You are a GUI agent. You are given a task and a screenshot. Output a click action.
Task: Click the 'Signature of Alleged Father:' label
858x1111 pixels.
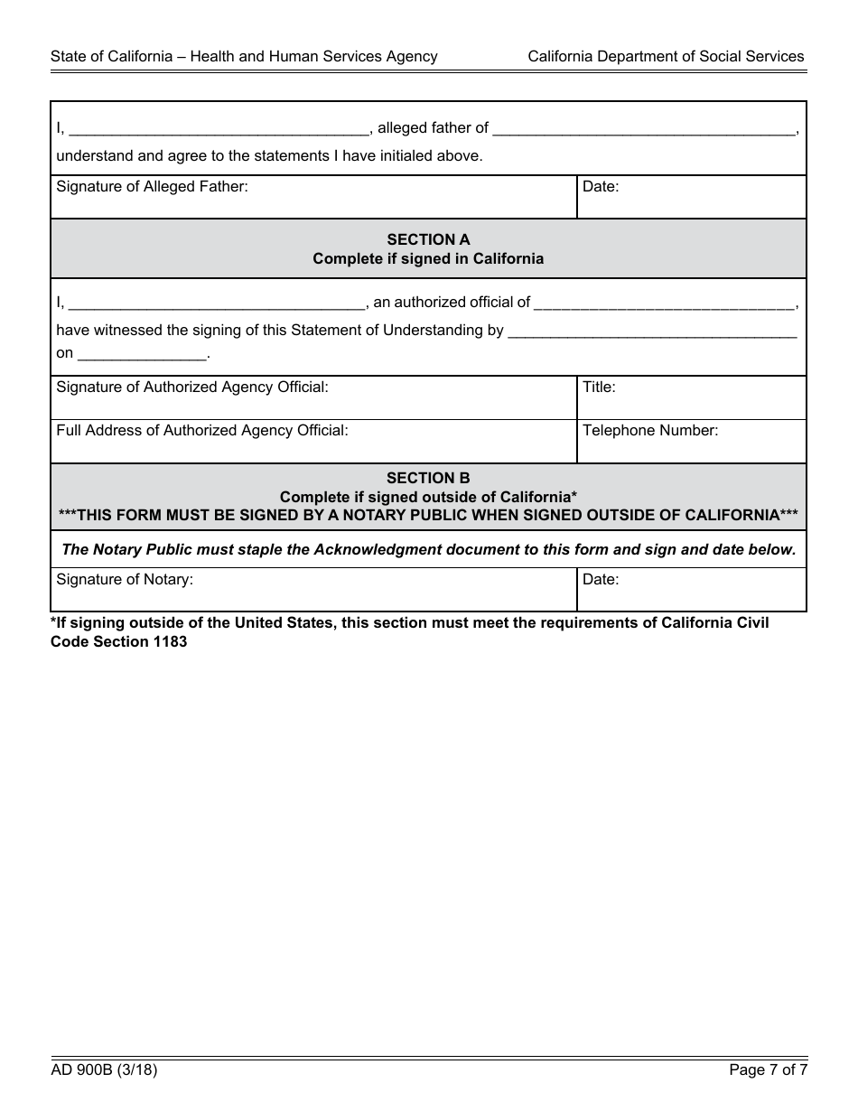point(152,187)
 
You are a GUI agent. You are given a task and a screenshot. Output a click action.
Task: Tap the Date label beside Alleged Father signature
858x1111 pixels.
point(601,187)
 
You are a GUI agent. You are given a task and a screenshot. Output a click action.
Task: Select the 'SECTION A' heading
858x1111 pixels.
point(428,239)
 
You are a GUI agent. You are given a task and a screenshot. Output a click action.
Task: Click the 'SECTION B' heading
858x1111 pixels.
point(428,478)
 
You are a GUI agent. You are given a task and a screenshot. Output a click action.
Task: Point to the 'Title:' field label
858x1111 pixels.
point(599,387)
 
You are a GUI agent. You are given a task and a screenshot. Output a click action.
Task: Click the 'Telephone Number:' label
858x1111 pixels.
point(650,430)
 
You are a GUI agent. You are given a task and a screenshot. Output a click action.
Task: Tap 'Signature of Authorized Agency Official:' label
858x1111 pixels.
point(192,387)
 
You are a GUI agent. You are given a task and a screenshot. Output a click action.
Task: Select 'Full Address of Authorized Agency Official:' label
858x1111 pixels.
point(201,430)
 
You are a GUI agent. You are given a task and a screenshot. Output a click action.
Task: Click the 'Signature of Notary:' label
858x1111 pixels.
point(125,579)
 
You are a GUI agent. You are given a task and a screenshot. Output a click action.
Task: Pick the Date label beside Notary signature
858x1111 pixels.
point(601,579)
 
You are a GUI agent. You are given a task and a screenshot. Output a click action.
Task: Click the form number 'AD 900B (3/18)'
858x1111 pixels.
point(105,1070)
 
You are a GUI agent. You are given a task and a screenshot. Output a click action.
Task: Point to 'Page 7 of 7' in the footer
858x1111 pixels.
point(768,1070)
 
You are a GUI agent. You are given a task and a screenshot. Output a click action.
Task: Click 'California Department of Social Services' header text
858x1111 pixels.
point(666,56)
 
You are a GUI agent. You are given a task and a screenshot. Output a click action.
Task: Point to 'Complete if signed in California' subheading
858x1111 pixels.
point(428,258)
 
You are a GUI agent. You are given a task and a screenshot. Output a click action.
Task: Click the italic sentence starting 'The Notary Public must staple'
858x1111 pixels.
point(428,549)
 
